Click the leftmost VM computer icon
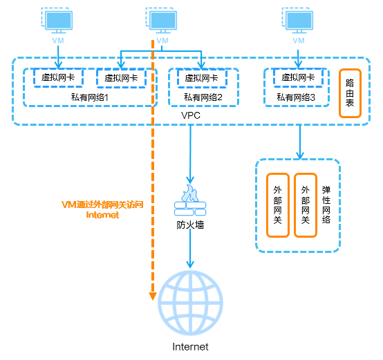point(57,20)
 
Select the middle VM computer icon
point(161,20)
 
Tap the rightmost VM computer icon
point(297,20)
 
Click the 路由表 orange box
point(350,93)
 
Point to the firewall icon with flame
point(190,200)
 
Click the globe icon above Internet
point(190,303)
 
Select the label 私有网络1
point(90,97)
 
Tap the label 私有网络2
point(203,97)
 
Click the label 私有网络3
point(296,97)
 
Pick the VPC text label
point(191,115)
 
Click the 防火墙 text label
point(190,225)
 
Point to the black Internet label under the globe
point(190,347)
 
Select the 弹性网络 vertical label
point(326,205)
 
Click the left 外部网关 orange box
point(278,205)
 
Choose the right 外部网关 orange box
point(306,205)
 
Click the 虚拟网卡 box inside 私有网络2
point(202,78)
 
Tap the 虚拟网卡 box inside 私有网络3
point(298,77)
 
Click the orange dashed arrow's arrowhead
point(153,296)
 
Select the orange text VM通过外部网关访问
point(102,205)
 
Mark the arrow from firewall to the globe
point(190,249)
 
